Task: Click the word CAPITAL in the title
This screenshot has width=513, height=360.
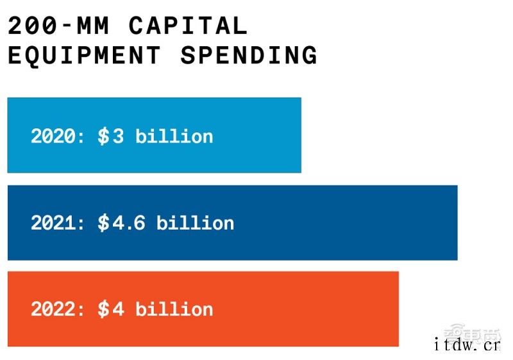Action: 188,26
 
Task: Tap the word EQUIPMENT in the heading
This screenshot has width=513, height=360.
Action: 84,55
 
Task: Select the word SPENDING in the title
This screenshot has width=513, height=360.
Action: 249,55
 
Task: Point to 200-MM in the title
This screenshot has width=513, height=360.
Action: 59,26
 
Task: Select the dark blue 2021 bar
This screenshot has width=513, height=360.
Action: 346,223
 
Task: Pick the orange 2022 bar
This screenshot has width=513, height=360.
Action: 308,309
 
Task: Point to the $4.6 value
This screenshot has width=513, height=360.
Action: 121,223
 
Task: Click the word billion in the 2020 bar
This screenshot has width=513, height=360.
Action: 174,136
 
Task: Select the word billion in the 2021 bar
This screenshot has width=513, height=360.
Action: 195,223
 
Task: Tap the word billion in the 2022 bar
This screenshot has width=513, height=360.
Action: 174,309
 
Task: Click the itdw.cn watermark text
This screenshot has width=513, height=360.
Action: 466,346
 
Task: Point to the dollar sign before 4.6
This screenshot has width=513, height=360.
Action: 103,223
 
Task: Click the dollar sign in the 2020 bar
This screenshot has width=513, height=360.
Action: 103,136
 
